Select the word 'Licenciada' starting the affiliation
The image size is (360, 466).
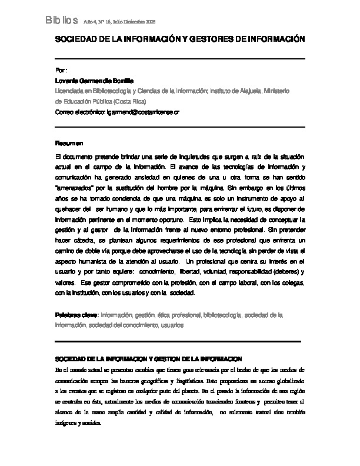pyautogui.click(x=69, y=91)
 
